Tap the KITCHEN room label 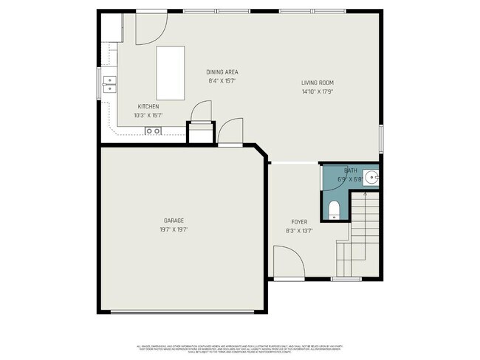tap(148, 106)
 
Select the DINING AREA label tap(222, 72)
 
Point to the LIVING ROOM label tap(318, 83)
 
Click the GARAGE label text tap(174, 220)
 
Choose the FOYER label tap(299, 221)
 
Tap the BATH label tap(349, 171)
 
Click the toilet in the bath tap(333, 210)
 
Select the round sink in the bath tap(373, 177)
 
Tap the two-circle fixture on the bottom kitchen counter tap(153, 131)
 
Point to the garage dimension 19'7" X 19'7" tap(174, 229)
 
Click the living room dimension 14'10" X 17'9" tap(318, 92)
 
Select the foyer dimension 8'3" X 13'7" tap(299, 231)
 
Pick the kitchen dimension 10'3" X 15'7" tap(148, 115)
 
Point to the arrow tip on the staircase tap(364, 194)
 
